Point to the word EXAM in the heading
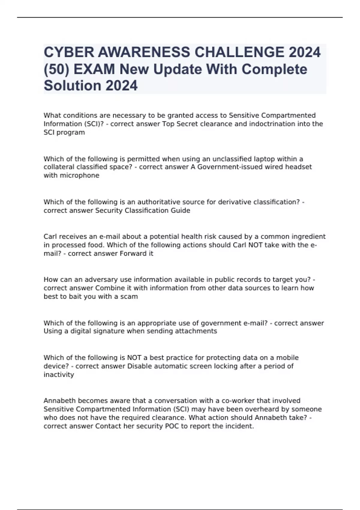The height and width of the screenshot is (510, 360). (x=94, y=69)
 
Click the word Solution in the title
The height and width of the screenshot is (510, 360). (x=72, y=85)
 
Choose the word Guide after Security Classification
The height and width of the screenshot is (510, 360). (x=181, y=211)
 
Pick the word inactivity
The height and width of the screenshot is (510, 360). (x=59, y=375)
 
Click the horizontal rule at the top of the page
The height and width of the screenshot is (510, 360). (x=180, y=17)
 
